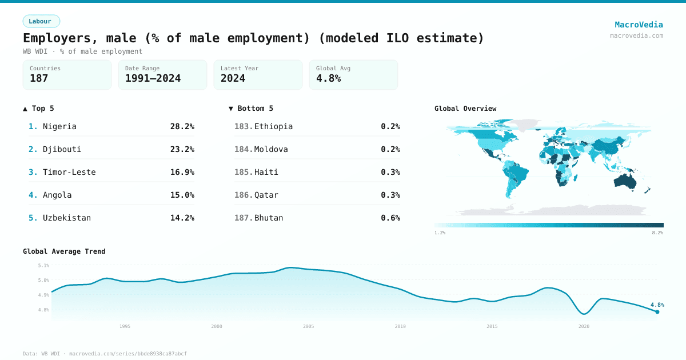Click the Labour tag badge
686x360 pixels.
(x=41, y=21)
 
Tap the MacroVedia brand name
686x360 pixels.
(x=639, y=25)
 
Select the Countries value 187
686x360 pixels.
(x=39, y=78)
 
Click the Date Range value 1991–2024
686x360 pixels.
(x=153, y=78)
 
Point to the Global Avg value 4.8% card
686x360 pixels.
(x=353, y=75)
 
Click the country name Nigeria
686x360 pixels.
(x=59, y=126)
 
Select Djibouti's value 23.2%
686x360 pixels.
(x=182, y=149)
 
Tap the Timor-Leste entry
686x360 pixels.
(x=69, y=172)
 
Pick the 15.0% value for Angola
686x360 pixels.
(x=182, y=195)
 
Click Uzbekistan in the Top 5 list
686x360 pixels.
(x=67, y=218)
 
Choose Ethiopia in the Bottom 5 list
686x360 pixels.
(x=273, y=126)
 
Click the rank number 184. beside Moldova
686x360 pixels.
(x=244, y=149)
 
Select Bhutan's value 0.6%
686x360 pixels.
(x=390, y=218)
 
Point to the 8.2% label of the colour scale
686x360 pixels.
(x=657, y=233)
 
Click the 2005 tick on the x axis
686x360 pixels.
(x=308, y=326)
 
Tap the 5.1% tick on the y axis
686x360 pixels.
(x=43, y=265)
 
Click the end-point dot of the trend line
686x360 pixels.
(x=657, y=312)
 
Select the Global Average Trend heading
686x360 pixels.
(x=64, y=251)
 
